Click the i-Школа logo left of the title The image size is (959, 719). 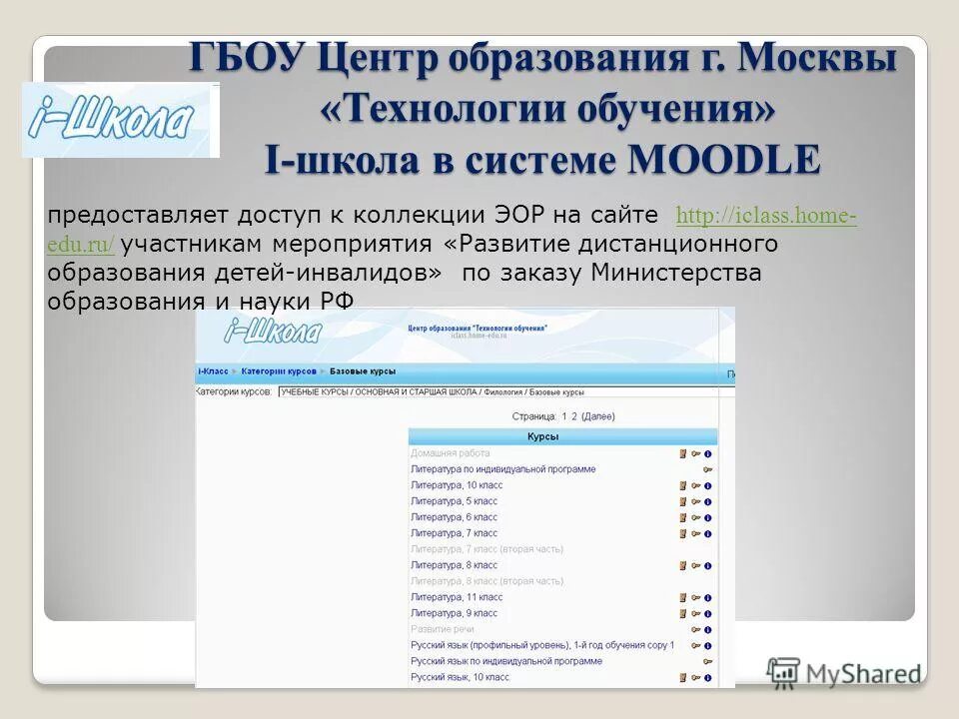[x=120, y=120]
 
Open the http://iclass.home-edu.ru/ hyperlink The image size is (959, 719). [x=765, y=216]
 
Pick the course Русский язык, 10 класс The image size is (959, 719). [x=460, y=677]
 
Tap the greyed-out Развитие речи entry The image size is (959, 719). [x=443, y=629]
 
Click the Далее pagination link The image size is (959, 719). [x=598, y=416]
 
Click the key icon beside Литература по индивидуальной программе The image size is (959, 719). [x=707, y=469]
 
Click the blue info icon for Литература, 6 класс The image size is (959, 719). [x=707, y=517]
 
